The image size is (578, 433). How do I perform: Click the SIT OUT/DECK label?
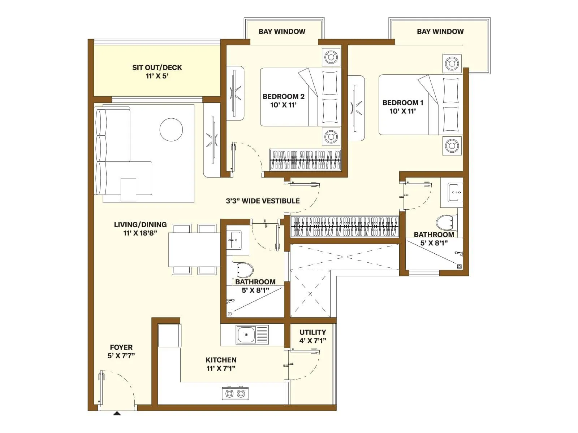click(157, 67)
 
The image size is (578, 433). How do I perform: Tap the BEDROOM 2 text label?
click(283, 97)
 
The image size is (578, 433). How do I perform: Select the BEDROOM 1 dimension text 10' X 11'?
click(402, 111)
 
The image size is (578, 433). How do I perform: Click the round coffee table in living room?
click(171, 130)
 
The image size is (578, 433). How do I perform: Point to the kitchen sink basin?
click(246, 334)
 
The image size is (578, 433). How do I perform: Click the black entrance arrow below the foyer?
click(117, 414)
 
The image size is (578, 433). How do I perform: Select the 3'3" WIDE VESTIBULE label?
click(263, 201)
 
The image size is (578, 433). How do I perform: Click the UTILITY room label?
click(312, 332)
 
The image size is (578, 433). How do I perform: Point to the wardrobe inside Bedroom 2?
click(305, 160)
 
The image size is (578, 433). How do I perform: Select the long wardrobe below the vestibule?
click(345, 227)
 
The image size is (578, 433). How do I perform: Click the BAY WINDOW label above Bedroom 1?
click(440, 31)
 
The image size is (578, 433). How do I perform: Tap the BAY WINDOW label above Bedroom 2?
click(282, 31)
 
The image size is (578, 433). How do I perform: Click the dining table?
click(194, 250)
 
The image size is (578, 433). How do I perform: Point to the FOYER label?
click(121, 347)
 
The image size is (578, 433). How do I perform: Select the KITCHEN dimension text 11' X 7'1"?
click(221, 368)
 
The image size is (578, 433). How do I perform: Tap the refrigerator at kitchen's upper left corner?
click(169, 336)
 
